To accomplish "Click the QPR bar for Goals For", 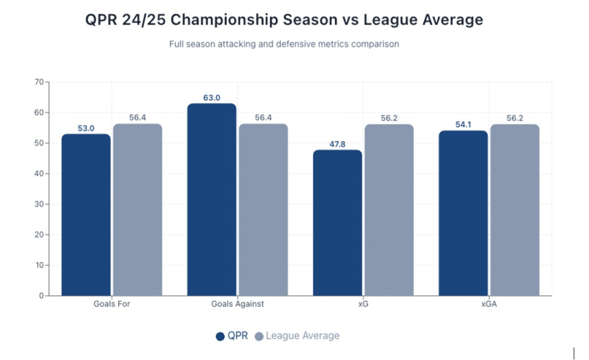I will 86,215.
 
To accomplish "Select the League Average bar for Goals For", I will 137,210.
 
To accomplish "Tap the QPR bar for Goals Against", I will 212,199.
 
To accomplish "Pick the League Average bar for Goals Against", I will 263,210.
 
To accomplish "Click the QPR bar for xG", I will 337,222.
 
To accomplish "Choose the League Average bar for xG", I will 389,210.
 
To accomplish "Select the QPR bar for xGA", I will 463,213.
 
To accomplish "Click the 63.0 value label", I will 212,98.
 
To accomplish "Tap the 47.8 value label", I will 337,144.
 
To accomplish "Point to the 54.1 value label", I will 463,125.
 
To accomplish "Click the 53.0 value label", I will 86,128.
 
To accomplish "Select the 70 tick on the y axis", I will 38,82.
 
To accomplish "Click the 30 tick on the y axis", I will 38,204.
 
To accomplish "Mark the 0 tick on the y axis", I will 40,295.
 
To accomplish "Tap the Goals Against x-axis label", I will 238,304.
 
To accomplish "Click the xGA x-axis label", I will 489,304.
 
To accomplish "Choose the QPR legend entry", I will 232,336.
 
